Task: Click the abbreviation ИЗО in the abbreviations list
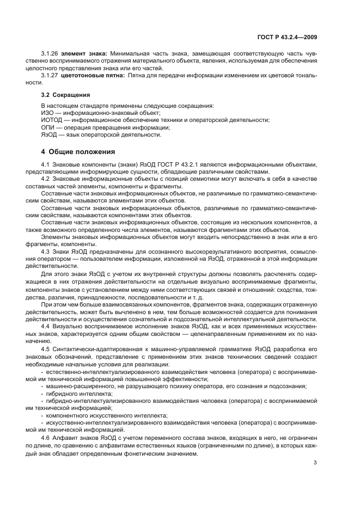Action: [x=47, y=112]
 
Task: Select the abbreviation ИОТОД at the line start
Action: [x=51, y=120]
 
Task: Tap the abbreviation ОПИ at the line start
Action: [x=47, y=127]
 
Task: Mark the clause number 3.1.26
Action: [x=50, y=54]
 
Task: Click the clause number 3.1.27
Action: [x=50, y=76]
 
